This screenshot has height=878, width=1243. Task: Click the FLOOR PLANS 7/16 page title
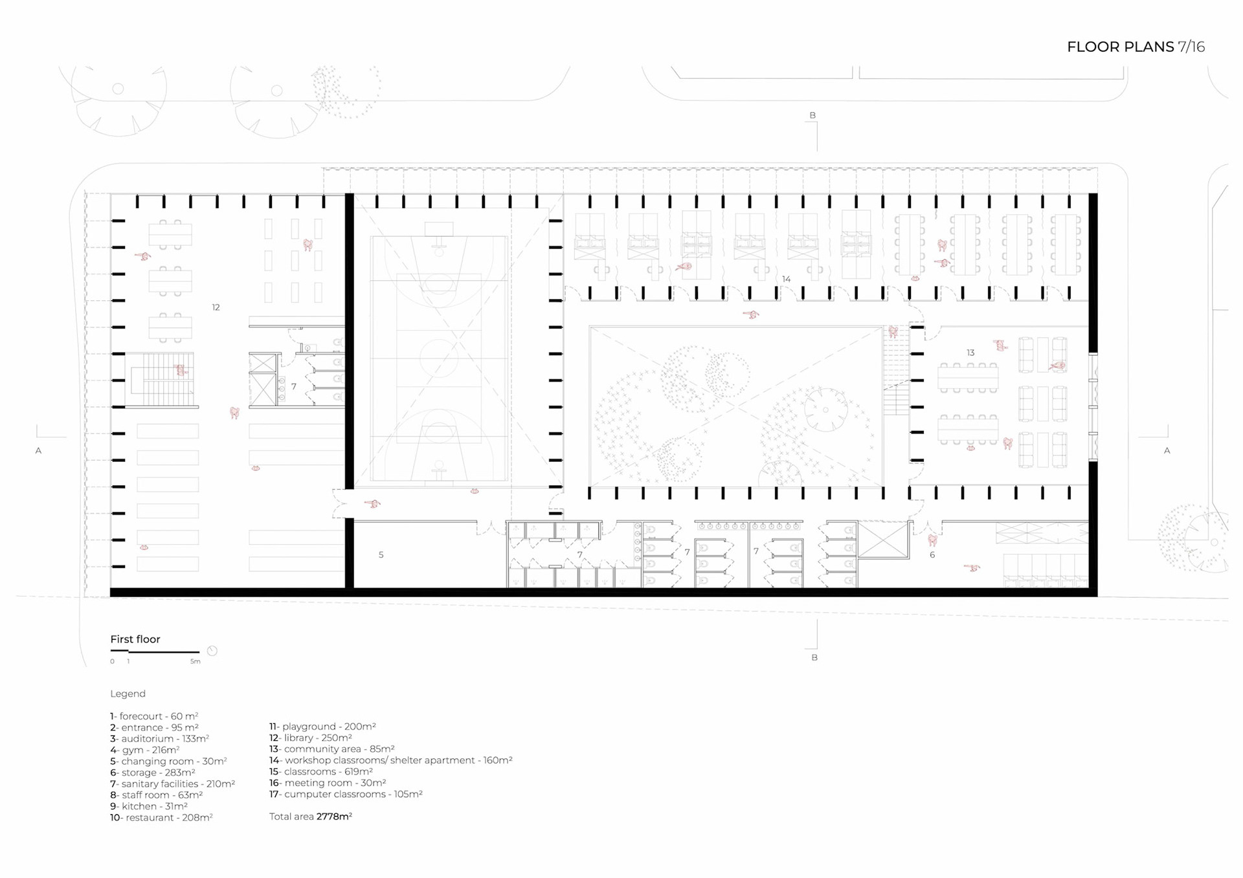tap(1136, 47)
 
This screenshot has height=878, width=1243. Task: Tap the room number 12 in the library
tap(216, 307)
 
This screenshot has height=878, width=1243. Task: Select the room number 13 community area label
tap(970, 353)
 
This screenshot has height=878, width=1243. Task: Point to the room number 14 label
tap(786, 279)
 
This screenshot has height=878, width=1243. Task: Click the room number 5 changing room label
tap(381, 554)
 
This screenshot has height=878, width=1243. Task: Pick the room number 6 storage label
tap(932, 554)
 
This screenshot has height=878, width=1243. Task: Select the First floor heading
tap(135, 639)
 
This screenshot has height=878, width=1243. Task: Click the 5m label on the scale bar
tap(196, 661)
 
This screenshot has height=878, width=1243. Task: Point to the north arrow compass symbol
tap(212, 651)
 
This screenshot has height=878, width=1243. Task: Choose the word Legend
tap(128, 694)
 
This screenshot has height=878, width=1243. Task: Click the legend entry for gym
tap(144, 750)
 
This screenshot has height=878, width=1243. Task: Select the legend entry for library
tap(311, 738)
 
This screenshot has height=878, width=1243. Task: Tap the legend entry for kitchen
tap(149, 806)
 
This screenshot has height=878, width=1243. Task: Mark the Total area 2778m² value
tap(311, 817)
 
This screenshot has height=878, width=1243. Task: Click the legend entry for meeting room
tap(328, 783)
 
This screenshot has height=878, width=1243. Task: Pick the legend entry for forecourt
tap(154, 716)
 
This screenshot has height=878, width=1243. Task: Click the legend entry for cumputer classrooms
tap(346, 794)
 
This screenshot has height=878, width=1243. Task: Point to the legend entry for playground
tap(322, 727)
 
